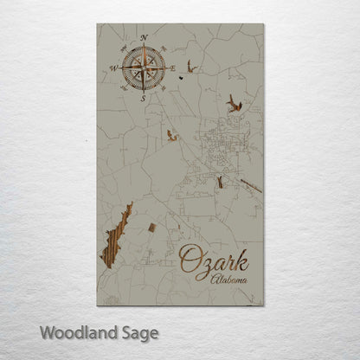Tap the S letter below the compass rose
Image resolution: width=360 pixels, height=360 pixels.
pos(144,98)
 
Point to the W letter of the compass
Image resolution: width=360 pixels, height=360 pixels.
pos(112,67)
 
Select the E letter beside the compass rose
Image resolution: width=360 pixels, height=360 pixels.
pos(173,67)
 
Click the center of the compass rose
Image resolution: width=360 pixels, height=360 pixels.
pos(143,67)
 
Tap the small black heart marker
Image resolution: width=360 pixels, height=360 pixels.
pos(181,75)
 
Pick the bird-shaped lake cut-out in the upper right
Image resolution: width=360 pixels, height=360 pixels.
pos(234,104)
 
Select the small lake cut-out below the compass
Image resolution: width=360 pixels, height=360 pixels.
pos(171,135)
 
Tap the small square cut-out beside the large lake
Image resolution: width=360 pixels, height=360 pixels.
pos(152,228)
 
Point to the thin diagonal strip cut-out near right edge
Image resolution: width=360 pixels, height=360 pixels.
pos(251,185)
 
